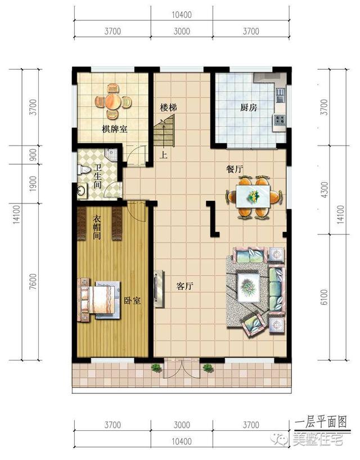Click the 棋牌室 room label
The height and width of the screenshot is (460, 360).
(x=114, y=129)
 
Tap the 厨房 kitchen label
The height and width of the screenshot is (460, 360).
(x=248, y=107)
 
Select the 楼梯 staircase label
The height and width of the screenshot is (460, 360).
(x=168, y=107)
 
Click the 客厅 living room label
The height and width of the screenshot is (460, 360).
(x=185, y=286)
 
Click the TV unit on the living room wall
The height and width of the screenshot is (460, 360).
(x=158, y=290)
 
